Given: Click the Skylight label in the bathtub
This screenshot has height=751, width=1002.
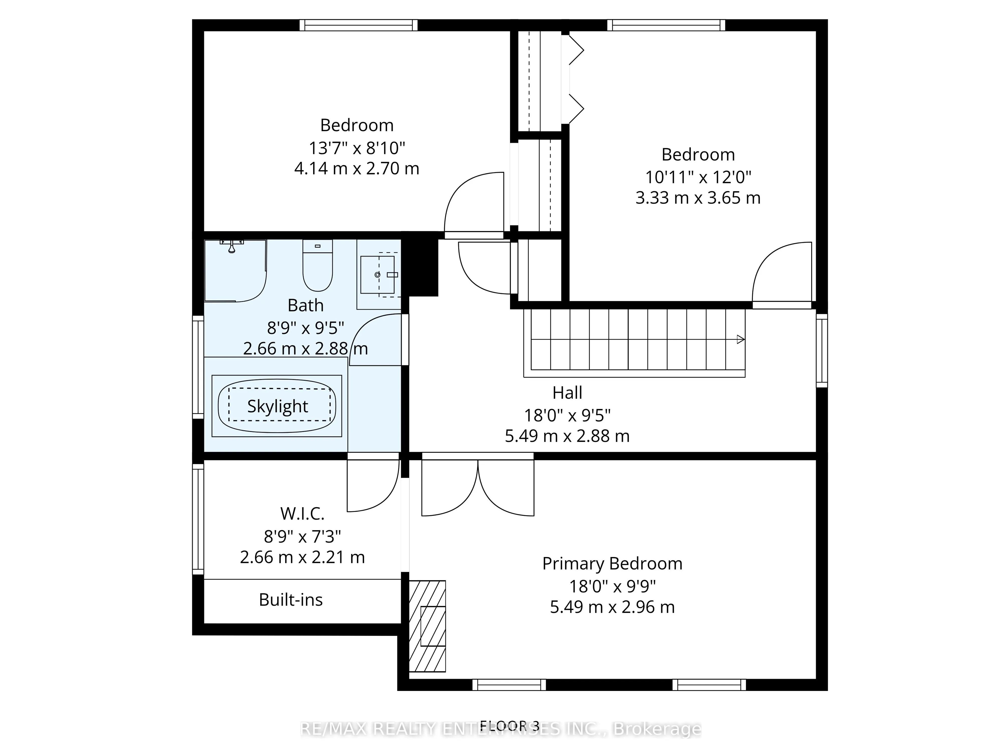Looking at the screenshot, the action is click(x=277, y=406).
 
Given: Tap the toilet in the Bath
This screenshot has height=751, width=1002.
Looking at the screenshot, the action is click(x=318, y=265).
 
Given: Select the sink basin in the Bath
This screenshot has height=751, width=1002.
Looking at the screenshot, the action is click(x=377, y=274).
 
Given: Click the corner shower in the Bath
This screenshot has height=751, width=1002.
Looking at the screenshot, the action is click(x=235, y=271).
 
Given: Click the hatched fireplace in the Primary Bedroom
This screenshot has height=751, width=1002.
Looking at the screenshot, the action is click(x=427, y=626).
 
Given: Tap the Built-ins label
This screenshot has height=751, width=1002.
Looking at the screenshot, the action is click(x=291, y=600).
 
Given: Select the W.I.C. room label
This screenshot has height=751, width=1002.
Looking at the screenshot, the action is click(x=302, y=513).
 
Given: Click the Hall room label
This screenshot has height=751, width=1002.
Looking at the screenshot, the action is click(x=567, y=393).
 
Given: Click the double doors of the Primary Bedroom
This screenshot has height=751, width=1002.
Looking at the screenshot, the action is click(x=478, y=488).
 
